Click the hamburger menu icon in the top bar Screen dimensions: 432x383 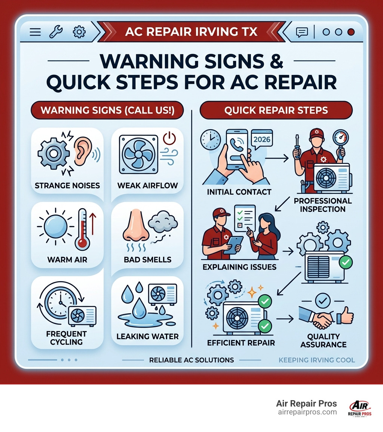pos(35,32)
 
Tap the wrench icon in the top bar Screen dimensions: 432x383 pos(56,32)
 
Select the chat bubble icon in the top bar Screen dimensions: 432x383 pos(301,32)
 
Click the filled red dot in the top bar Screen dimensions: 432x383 pos(350,32)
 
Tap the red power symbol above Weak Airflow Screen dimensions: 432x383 pos(169,139)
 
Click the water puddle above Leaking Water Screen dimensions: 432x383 pos(146,320)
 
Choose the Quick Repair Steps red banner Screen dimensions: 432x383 pos(276,110)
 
